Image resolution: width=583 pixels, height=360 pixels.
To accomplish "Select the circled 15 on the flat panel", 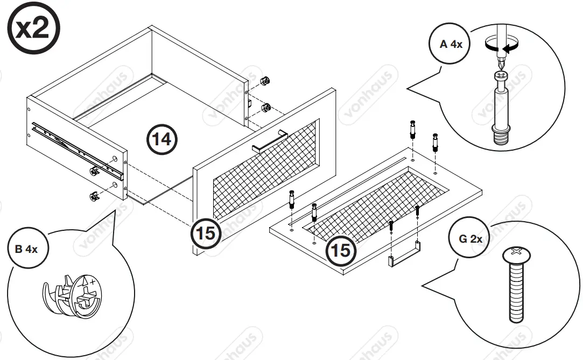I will click(341, 250).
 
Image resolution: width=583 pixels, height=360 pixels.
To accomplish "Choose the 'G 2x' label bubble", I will click(470, 238).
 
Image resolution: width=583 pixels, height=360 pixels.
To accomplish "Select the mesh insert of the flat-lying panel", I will click(377, 204).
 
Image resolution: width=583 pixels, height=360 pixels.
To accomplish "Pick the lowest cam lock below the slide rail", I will click(93, 195).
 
